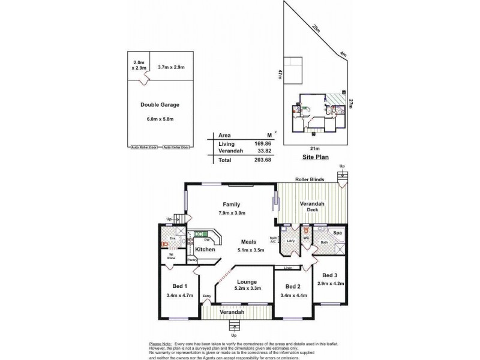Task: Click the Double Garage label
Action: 160,104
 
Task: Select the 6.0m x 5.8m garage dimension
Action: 160,119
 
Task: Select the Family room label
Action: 232,204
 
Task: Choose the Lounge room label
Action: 247,281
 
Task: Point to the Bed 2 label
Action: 292,286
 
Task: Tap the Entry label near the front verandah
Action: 207,296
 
